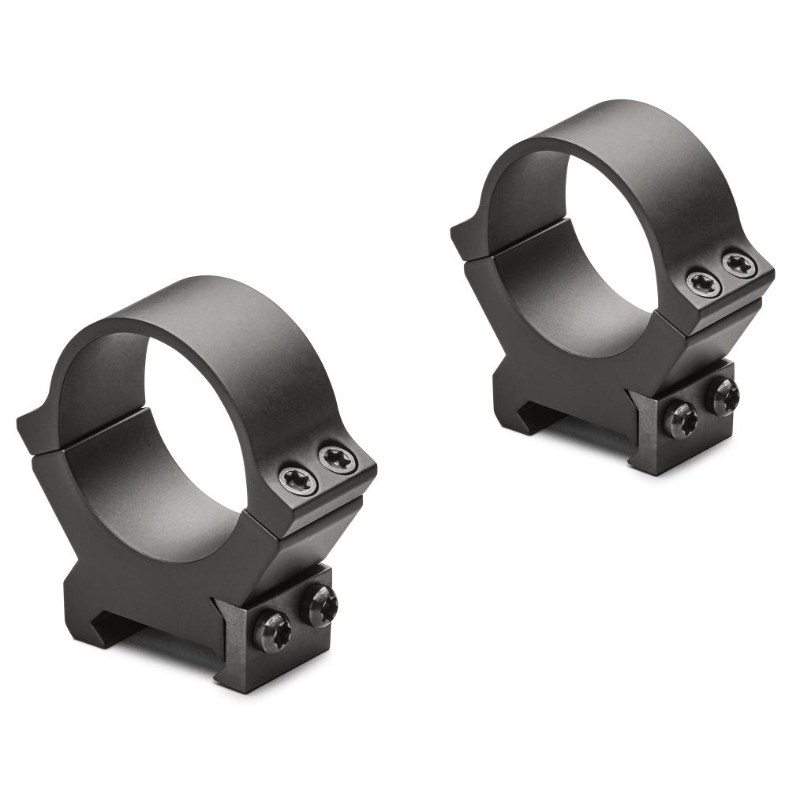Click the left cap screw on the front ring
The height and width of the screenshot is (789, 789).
[299, 479]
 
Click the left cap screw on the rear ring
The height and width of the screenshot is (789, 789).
[702, 284]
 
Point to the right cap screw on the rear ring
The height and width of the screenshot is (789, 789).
[739, 265]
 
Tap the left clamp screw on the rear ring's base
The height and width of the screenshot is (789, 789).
[679, 419]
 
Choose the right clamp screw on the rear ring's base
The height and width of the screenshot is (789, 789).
[723, 396]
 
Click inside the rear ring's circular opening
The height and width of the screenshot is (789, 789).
[600, 229]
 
